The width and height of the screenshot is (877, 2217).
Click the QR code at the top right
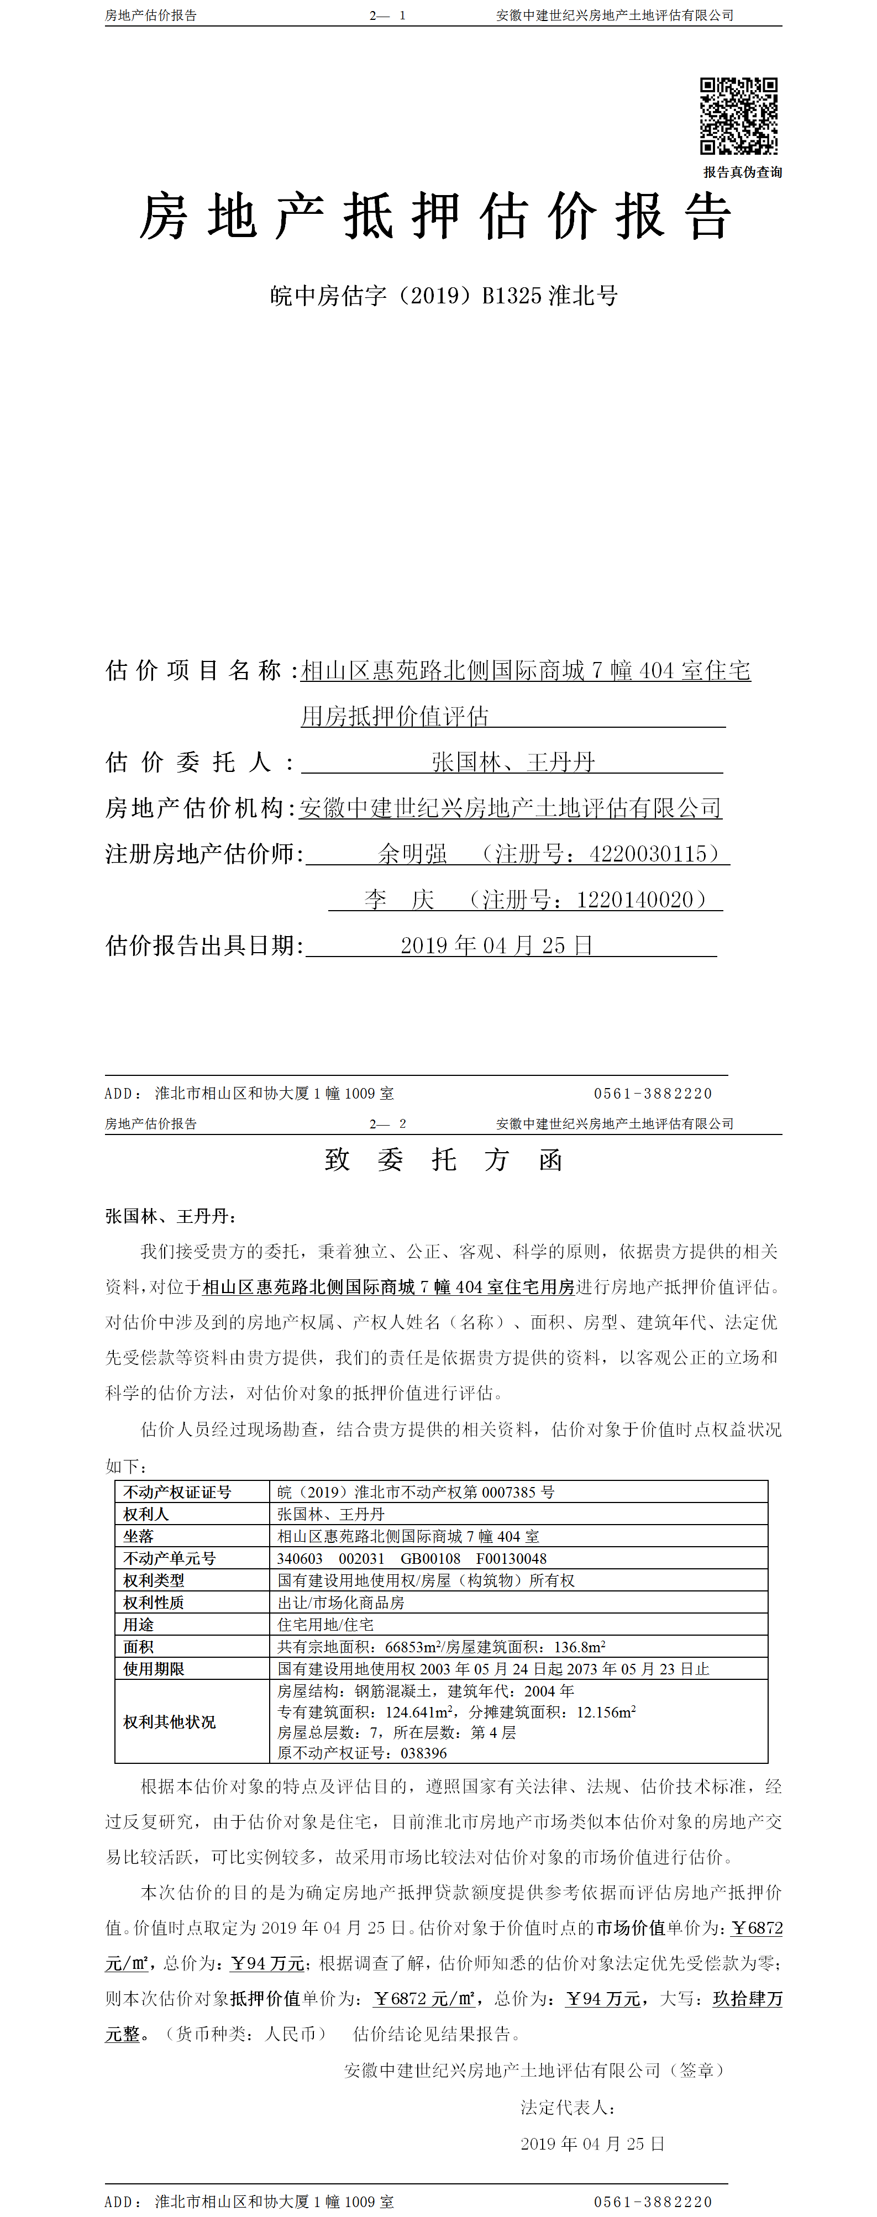tap(738, 115)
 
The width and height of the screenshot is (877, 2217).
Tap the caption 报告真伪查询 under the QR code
tap(742, 172)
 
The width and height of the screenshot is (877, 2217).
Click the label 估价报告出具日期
tap(204, 946)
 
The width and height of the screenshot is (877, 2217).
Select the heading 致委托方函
tap(443, 1160)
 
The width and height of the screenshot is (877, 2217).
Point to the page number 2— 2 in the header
tap(387, 1124)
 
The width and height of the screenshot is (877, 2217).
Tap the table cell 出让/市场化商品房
tap(341, 1603)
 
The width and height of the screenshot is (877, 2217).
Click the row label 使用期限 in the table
tap(153, 1669)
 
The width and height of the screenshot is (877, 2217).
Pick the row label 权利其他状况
tap(170, 1722)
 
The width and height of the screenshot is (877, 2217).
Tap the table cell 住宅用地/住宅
tap(325, 1625)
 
